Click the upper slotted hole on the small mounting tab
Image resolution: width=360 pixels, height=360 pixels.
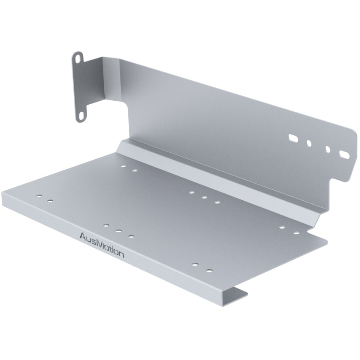click(x=78, y=58)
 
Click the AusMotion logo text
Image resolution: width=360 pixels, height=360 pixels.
click(x=102, y=245)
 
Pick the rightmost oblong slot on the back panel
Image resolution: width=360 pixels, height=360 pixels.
click(x=344, y=154)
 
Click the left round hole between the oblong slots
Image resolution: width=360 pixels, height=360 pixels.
click(x=309, y=143)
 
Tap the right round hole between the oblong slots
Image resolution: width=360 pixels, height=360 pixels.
click(x=328, y=149)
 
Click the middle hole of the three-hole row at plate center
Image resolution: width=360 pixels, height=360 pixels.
click(x=204, y=197)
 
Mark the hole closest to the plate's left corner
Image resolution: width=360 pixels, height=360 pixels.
click(x=39, y=197)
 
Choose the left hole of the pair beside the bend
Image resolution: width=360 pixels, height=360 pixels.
click(x=123, y=166)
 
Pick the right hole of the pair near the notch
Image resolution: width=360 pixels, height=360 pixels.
click(x=296, y=233)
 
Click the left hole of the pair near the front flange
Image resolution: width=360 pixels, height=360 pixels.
click(x=195, y=265)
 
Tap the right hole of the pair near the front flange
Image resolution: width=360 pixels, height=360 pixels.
click(x=209, y=271)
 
